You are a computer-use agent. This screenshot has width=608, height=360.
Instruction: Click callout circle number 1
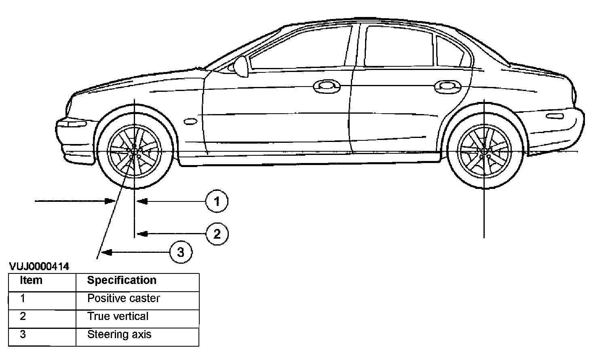[x=217, y=201]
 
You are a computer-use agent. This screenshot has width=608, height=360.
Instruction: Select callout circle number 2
[x=217, y=234]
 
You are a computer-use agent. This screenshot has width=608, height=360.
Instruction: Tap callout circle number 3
[x=181, y=252]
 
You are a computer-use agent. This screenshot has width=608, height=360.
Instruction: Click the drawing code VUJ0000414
[x=39, y=267]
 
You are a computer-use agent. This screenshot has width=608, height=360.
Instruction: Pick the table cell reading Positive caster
[x=123, y=299]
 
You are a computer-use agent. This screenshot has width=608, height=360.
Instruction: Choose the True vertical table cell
[x=118, y=316]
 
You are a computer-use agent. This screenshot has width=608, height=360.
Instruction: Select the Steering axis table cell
[x=119, y=335]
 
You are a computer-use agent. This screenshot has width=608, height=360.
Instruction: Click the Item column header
[x=31, y=280]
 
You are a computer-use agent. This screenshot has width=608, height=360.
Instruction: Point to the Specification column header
[x=122, y=280]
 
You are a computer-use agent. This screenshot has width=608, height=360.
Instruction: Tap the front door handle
[x=327, y=86]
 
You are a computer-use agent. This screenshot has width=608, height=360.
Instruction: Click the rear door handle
[x=448, y=86]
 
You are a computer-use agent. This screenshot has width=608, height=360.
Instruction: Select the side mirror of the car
[x=241, y=66]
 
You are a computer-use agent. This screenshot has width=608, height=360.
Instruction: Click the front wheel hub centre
[x=133, y=151]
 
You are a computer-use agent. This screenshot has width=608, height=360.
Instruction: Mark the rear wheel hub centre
[x=484, y=151]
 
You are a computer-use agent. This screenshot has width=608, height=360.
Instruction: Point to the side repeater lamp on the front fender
[x=190, y=121]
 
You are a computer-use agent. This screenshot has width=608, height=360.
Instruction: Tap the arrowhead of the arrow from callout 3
[x=106, y=253]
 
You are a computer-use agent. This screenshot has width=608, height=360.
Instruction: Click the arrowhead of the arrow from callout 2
[x=141, y=233]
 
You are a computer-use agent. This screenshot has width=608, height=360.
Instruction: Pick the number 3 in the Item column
[x=23, y=335]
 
